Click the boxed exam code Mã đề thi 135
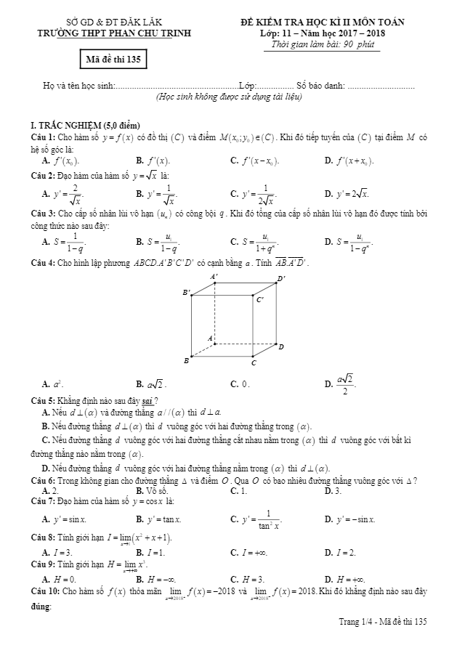coord(113,60)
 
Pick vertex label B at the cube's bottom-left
coord(187,360)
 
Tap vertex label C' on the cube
coord(260,299)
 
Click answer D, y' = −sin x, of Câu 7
coord(349,519)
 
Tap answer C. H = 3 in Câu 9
coord(249,579)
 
